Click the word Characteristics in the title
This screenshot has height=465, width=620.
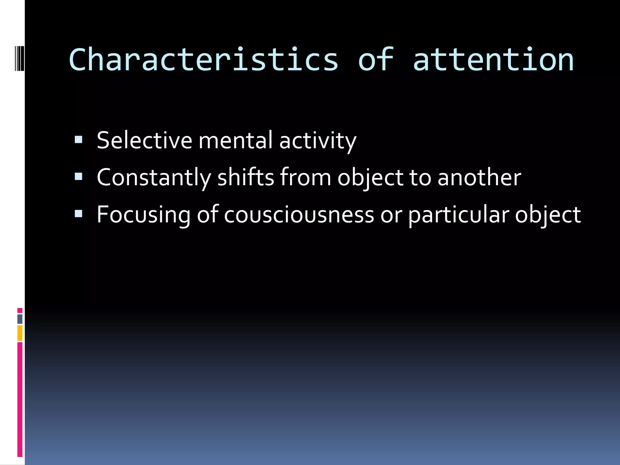tap(203, 60)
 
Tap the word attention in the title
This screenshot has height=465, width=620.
tap(493, 60)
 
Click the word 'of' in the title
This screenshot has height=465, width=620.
tap(376, 60)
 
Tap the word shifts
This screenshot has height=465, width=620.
tap(246, 177)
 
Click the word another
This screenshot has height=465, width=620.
tap(479, 177)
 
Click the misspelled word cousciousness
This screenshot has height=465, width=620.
tap(299, 215)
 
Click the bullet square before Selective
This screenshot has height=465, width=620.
tap(78, 140)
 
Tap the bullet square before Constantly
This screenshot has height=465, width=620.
tap(78, 176)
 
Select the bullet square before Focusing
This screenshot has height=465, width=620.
tap(78, 214)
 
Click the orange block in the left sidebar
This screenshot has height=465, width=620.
tap(20, 333)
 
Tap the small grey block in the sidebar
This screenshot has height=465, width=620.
tap(20, 319)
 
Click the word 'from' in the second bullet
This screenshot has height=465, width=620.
tap(305, 177)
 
